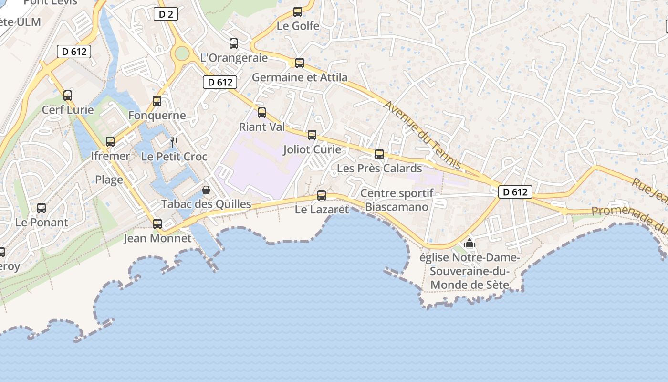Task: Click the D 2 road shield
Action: pyautogui.click(x=166, y=14)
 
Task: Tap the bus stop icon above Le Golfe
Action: pyautogui.click(x=298, y=12)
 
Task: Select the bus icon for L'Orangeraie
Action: pyautogui.click(x=234, y=43)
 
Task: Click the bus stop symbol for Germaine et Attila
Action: pyautogui.click(x=299, y=63)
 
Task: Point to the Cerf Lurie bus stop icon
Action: pyautogui.click(x=68, y=95)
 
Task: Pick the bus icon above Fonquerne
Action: pyautogui.click(x=157, y=101)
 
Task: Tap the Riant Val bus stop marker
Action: pyautogui.click(x=262, y=113)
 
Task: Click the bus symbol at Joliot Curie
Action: pyautogui.click(x=312, y=135)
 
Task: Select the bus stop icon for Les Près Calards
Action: pyautogui.click(x=379, y=154)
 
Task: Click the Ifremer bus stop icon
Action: pyautogui.click(x=110, y=142)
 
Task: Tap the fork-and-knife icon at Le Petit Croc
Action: pyautogui.click(x=174, y=142)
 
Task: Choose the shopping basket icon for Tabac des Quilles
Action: pyautogui.click(x=206, y=190)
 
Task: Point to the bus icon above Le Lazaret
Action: pyautogui.click(x=322, y=195)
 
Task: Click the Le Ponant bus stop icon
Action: pyautogui.click(x=42, y=208)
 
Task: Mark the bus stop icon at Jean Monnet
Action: pyautogui.click(x=157, y=223)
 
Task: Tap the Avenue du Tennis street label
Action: pyautogui.click(x=422, y=135)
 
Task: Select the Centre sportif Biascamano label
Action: pyautogui.click(x=397, y=200)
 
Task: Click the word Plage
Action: pyautogui.click(x=109, y=180)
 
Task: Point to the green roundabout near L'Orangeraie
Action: pyautogui.click(x=182, y=53)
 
